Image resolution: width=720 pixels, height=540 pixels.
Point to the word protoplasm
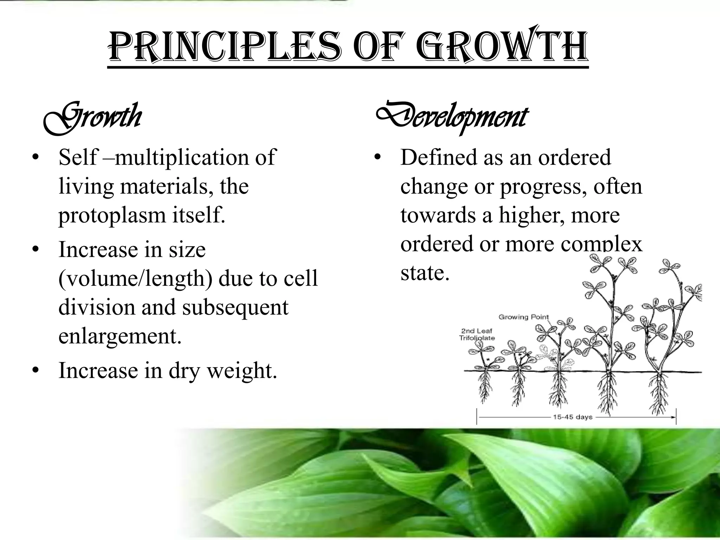[x=112, y=216]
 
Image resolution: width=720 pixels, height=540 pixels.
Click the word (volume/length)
[x=136, y=278]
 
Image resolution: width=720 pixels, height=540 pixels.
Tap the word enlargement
[x=120, y=336]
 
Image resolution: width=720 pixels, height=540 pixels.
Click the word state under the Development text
[x=425, y=272]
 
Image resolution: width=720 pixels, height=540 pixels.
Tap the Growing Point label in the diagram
[x=523, y=317]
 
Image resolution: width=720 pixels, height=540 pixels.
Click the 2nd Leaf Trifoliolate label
[x=477, y=334]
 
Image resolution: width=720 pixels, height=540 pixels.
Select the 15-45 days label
[x=573, y=417]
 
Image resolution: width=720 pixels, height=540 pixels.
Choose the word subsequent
[x=235, y=307]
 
